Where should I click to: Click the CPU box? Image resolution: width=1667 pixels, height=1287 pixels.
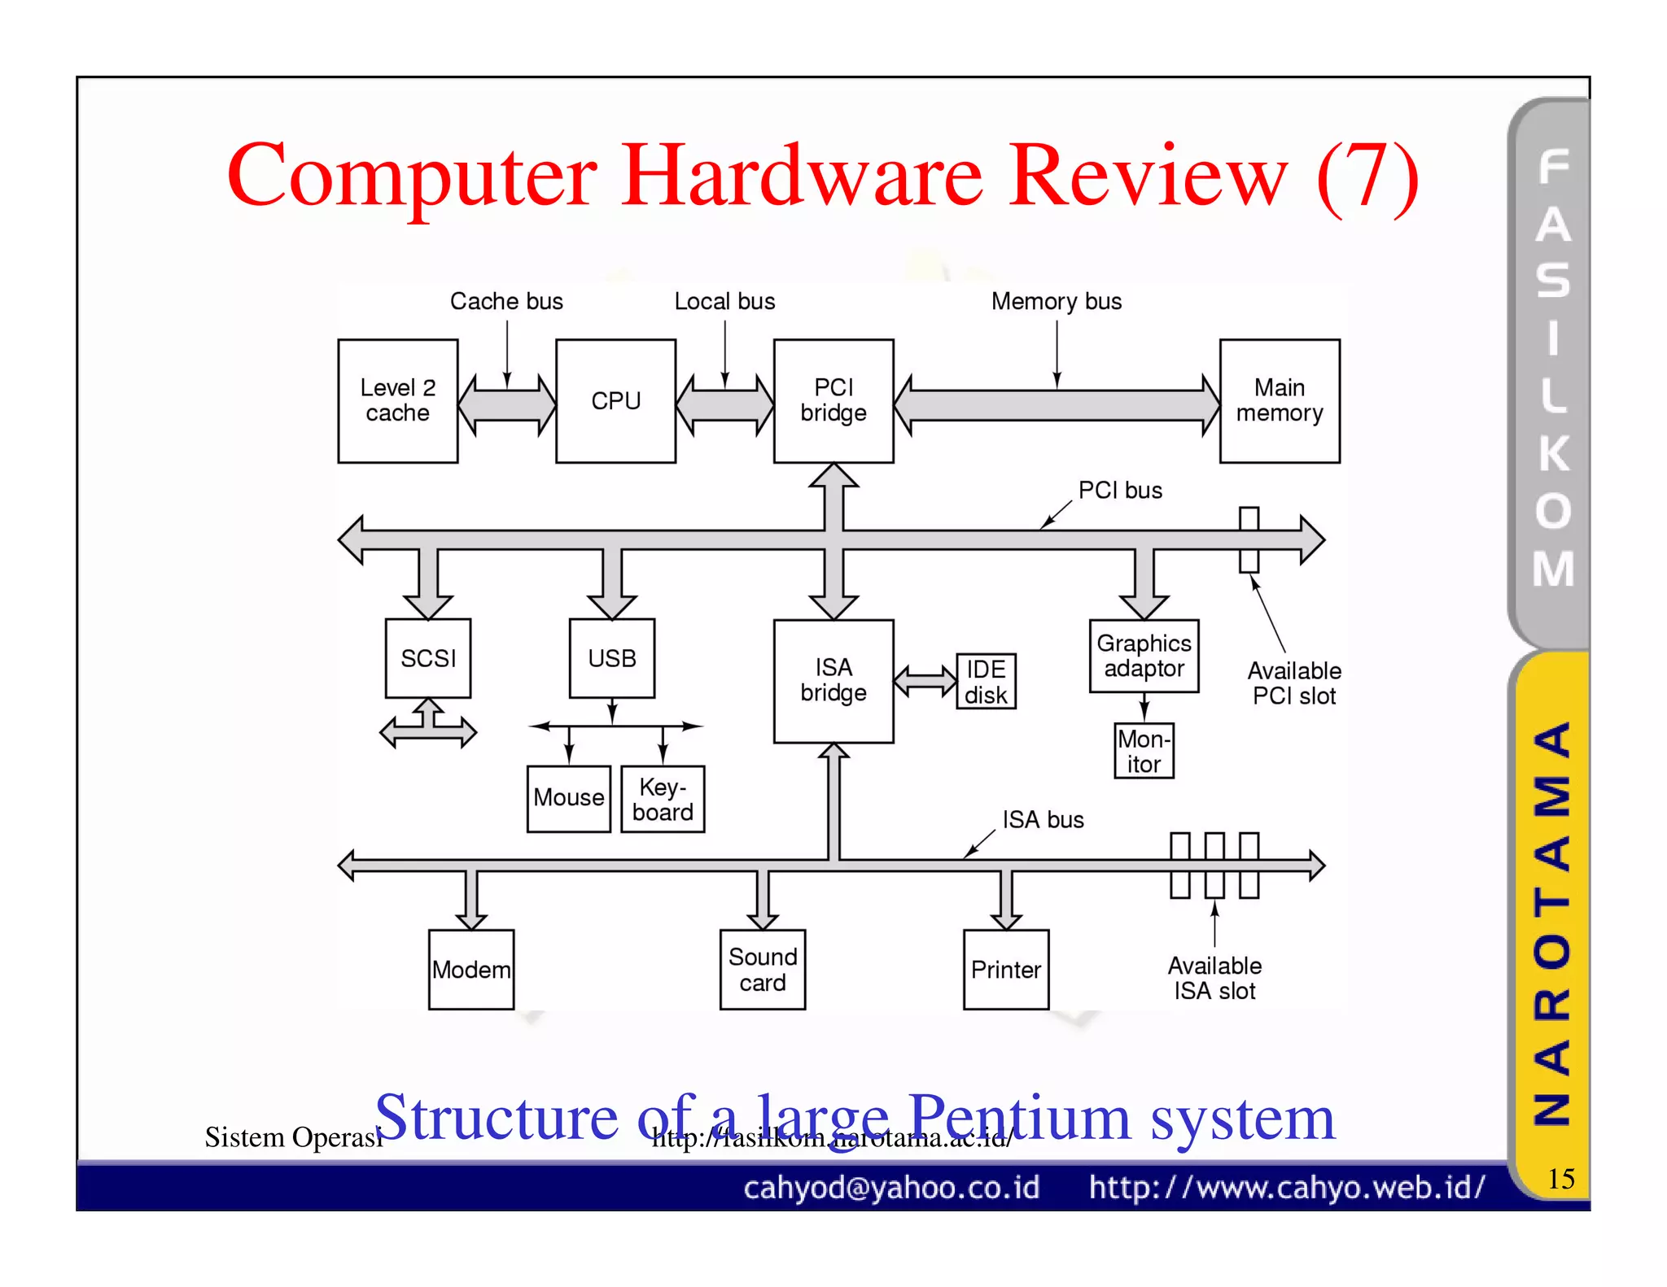(x=615, y=401)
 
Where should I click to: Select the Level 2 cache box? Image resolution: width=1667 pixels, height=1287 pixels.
(x=397, y=401)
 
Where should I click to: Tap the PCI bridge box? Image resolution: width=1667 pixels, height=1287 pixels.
(x=833, y=401)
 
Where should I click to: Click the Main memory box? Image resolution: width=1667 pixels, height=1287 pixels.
(x=1280, y=401)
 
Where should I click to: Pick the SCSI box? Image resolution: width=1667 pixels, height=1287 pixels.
(x=428, y=658)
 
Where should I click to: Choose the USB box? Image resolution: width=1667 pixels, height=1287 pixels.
(x=612, y=658)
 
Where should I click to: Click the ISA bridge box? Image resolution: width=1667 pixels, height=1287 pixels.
(x=833, y=681)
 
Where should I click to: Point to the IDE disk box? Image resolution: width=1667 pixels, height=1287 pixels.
(x=986, y=682)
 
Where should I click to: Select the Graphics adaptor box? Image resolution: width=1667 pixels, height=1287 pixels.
(x=1144, y=656)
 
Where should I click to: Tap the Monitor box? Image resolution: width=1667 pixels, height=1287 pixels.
(x=1144, y=751)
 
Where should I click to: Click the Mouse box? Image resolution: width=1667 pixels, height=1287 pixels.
(x=568, y=798)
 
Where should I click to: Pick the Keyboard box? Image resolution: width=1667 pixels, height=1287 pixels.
(x=663, y=799)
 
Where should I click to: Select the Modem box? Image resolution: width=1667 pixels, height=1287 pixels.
(x=471, y=970)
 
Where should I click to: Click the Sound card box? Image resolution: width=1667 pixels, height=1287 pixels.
(x=763, y=970)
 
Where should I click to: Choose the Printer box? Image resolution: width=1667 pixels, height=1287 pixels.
(x=1006, y=970)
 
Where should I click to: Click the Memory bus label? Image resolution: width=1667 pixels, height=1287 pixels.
(x=1056, y=302)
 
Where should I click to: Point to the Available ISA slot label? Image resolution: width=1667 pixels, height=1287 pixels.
(x=1214, y=979)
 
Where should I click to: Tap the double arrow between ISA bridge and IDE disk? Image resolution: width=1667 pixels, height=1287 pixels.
(x=925, y=681)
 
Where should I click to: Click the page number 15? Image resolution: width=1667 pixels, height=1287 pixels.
(x=1560, y=1179)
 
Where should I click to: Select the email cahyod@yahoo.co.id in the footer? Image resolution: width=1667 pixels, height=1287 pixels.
(x=891, y=1188)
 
